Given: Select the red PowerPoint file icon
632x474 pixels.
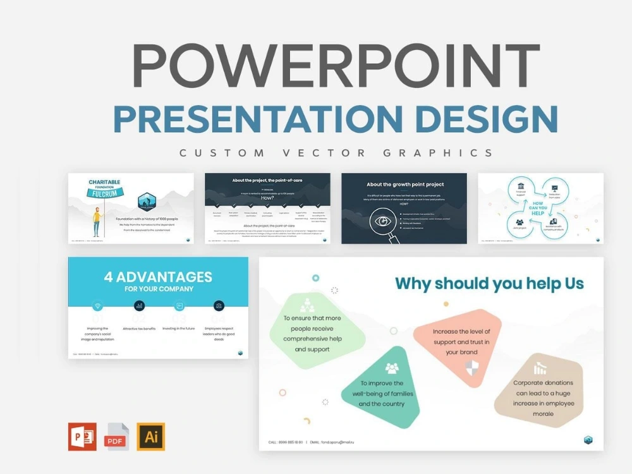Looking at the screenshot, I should pyautogui.click(x=83, y=436).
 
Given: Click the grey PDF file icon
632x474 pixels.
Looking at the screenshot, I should pyautogui.click(x=118, y=436).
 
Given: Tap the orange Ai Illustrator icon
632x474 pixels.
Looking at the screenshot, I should pyautogui.click(x=151, y=436).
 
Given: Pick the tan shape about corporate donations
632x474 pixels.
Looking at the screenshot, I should pyautogui.click(x=543, y=395).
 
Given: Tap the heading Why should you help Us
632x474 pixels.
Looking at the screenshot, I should pyautogui.click(x=489, y=283).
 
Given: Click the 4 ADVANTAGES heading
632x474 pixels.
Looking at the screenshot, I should pyautogui.click(x=158, y=276).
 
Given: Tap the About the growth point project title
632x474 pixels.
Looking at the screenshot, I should pyautogui.click(x=404, y=185).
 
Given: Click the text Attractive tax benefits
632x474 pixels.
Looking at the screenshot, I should pyautogui.click(x=139, y=329).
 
